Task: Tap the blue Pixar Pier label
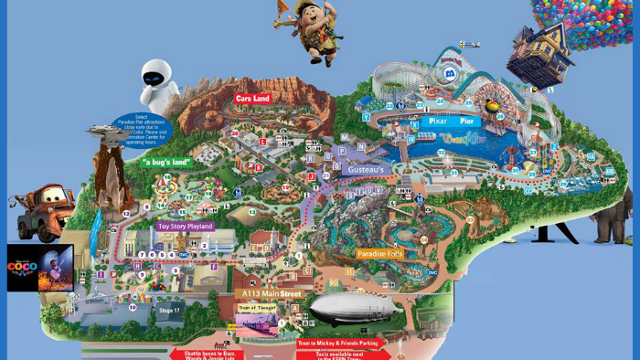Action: pos(440,121)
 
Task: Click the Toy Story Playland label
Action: pos(185,226)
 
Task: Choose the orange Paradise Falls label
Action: pos(379,253)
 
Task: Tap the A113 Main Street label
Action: pos(271,293)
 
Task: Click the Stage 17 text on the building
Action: pos(170,311)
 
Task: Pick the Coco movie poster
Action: pos(40,268)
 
